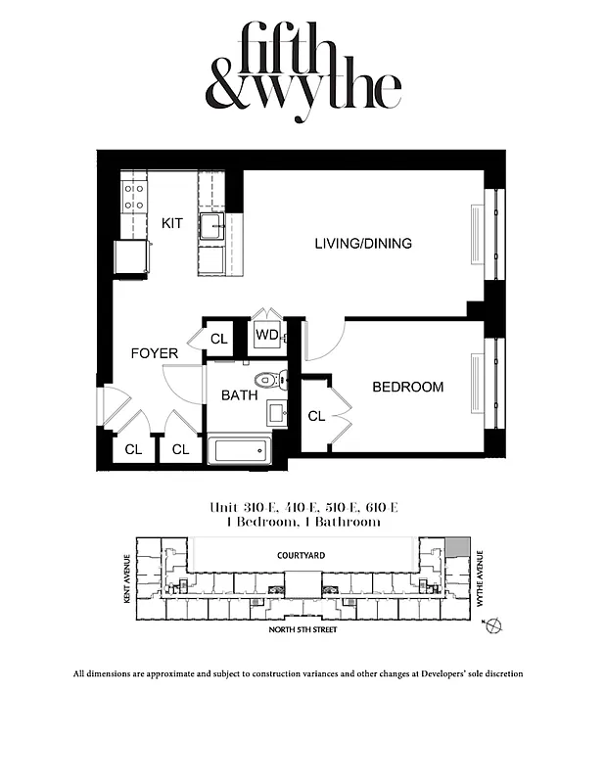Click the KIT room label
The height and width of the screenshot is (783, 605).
172,223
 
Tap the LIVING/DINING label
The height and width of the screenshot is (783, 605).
362,243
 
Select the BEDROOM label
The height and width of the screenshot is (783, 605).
407,387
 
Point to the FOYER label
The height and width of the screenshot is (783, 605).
155,352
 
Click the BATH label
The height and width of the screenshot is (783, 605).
239,395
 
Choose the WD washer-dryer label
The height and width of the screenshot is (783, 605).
266,335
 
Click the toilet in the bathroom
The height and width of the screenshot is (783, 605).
266,380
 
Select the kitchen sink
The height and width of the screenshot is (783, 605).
212,227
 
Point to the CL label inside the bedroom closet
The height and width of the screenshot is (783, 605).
315,416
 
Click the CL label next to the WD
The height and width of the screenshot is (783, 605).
219,339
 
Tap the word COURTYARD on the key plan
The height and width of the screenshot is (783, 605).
301,555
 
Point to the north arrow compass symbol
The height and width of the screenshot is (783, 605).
491,624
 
